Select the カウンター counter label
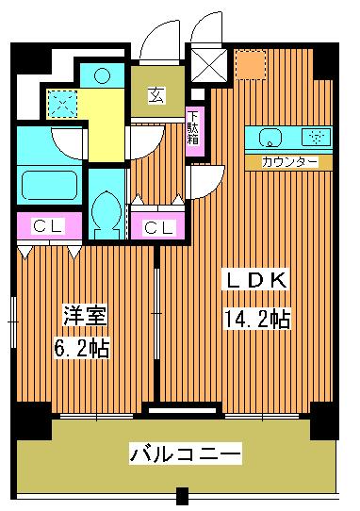(289, 161)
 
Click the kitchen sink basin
(268, 136)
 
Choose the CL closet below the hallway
(156, 226)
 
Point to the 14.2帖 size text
(254, 319)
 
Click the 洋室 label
(83, 313)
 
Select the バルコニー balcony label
(186, 453)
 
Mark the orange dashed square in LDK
(251, 64)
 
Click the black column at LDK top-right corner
(325, 61)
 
